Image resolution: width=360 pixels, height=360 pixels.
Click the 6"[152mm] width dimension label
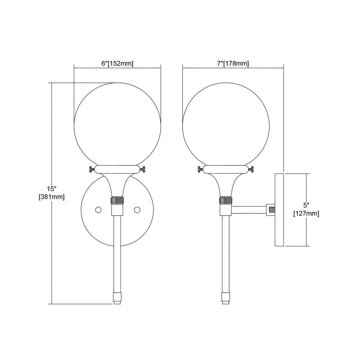pyautogui.click(x=117, y=64)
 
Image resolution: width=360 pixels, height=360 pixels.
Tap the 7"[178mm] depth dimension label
pyautogui.click(x=233, y=64)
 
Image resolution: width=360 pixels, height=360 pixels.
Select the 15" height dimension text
pyautogui.click(x=51, y=189)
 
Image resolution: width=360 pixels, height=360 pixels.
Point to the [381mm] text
pyautogui.click(x=51, y=197)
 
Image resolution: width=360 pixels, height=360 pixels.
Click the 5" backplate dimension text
pyautogui.click(x=306, y=205)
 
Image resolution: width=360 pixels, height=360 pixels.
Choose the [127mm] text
pyautogui.click(x=306, y=213)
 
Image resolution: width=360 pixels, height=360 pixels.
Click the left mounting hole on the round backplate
pyautogui.click(x=99, y=210)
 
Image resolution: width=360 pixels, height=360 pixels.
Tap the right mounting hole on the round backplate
pyautogui.click(x=137, y=210)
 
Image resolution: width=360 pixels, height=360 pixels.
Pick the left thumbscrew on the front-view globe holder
pyautogui.click(x=92, y=170)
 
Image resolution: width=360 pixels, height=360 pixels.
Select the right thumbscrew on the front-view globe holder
pyautogui.click(x=143, y=170)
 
